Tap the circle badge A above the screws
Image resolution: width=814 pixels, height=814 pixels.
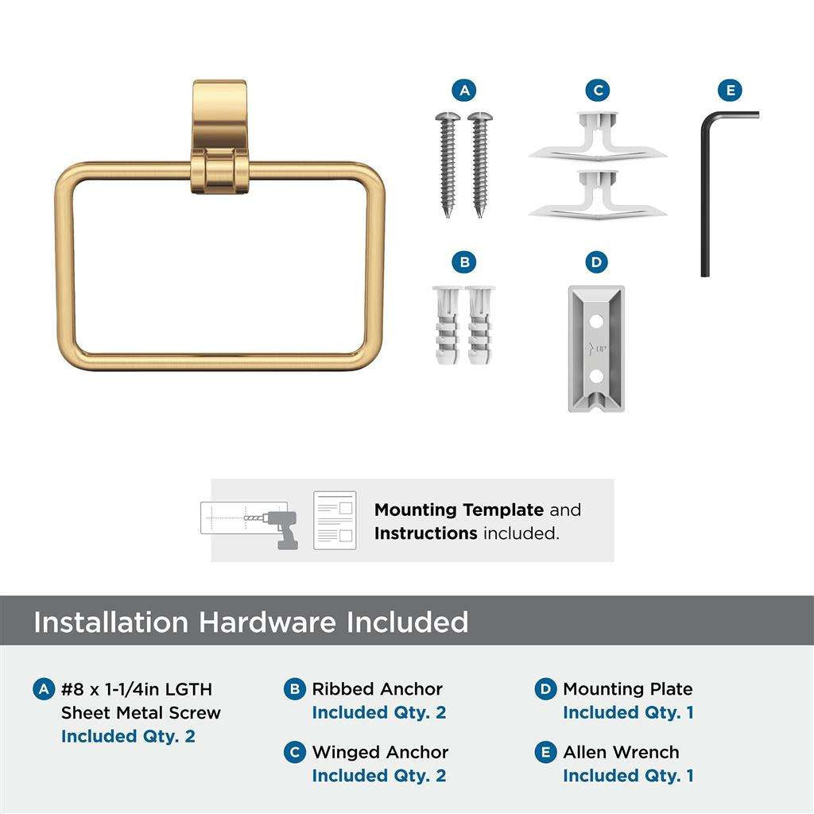click(x=464, y=91)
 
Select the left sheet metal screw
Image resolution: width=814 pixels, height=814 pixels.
click(x=448, y=164)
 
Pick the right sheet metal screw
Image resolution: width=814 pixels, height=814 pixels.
click(x=480, y=164)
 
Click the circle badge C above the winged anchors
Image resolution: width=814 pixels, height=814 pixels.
click(x=598, y=91)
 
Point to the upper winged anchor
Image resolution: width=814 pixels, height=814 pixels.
click(x=597, y=137)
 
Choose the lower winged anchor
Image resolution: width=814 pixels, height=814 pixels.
click(x=597, y=196)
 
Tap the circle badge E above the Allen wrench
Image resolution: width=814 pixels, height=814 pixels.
click(x=730, y=91)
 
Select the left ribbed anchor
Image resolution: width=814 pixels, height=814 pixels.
click(x=447, y=325)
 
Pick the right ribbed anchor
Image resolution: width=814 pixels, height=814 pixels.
click(x=479, y=325)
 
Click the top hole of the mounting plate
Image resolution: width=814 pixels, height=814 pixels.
click(x=596, y=321)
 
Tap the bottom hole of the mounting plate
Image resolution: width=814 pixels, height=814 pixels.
click(x=596, y=375)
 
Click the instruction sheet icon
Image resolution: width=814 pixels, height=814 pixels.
click(x=335, y=520)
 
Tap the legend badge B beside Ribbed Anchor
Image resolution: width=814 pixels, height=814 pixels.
click(x=294, y=689)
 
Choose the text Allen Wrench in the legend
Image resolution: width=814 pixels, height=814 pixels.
click(x=621, y=752)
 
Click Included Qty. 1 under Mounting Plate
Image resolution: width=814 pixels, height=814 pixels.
click(x=628, y=712)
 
